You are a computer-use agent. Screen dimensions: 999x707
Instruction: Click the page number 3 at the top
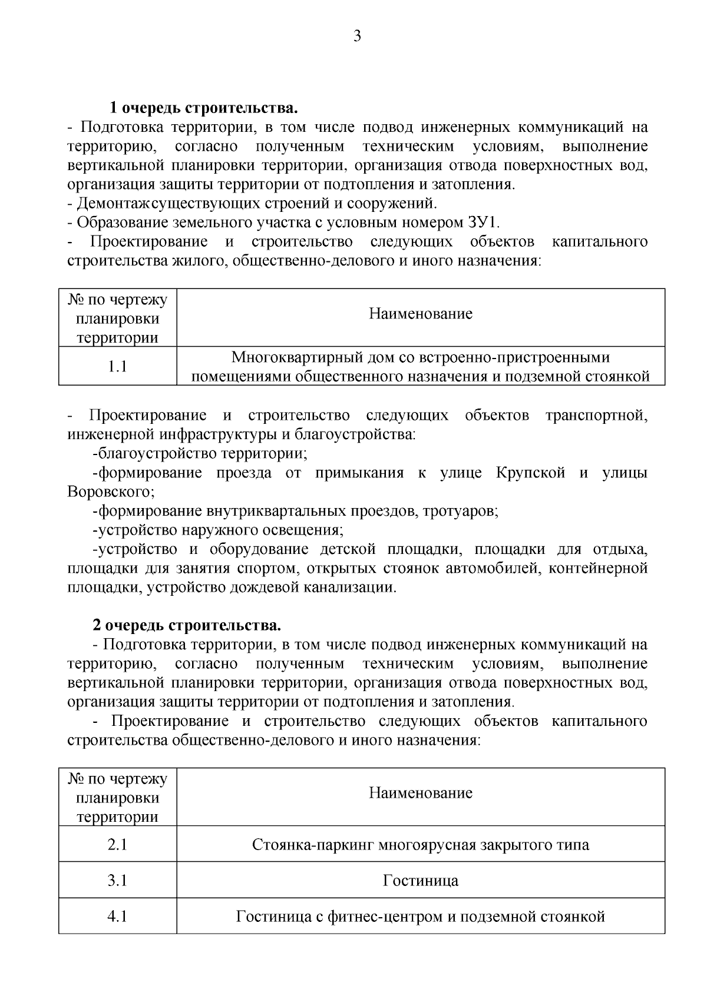[357, 36]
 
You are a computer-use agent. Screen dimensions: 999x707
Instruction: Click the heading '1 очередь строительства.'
[203, 108]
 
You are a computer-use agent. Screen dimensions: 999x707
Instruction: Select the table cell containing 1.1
[118, 366]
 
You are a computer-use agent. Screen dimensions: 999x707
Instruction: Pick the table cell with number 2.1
[118, 845]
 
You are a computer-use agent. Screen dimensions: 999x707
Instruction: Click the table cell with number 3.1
[118, 881]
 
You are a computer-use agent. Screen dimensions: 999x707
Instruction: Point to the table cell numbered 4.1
[118, 917]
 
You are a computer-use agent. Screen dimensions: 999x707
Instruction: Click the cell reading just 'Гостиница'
[421, 881]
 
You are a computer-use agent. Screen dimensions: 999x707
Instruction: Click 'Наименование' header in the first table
[421, 314]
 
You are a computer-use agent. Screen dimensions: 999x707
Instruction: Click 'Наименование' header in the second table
[421, 793]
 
